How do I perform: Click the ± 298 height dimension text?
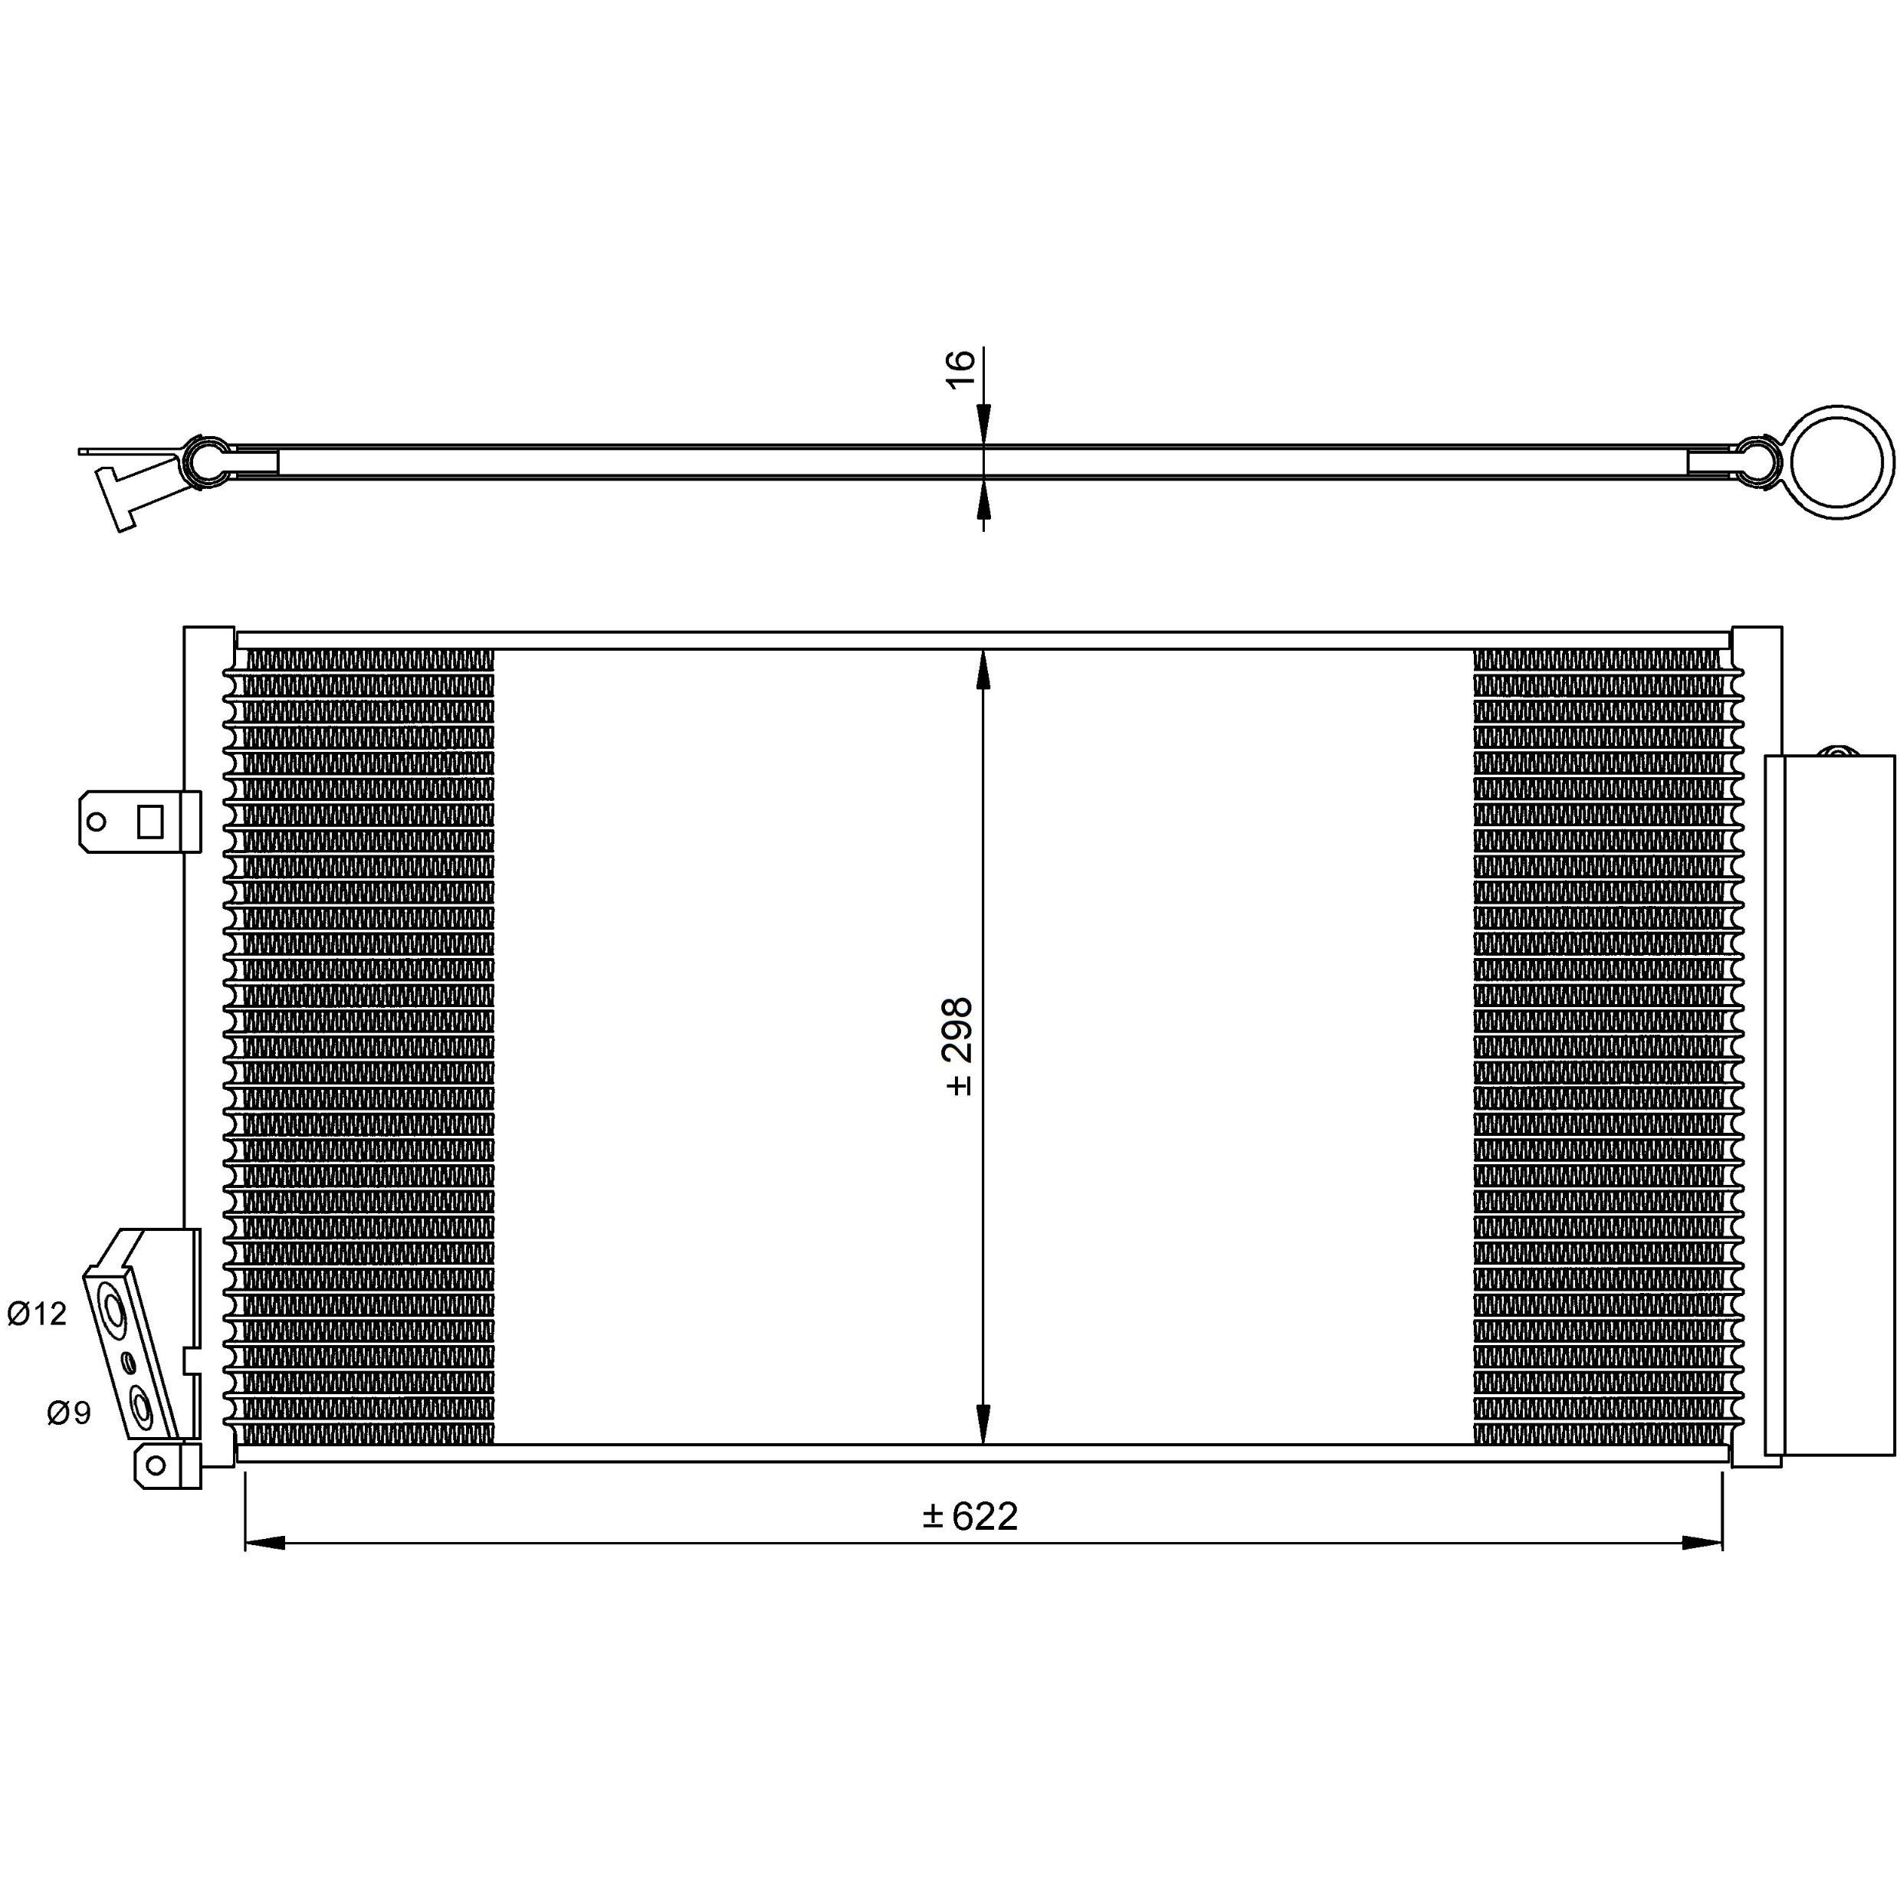[959, 1046]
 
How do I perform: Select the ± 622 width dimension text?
[970, 1517]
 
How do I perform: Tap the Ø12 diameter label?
[38, 1313]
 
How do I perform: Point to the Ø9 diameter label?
[69, 1413]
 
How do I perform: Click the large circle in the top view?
[1840, 461]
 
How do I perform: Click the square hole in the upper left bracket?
[149, 820]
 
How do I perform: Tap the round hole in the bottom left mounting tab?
[154, 1465]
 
